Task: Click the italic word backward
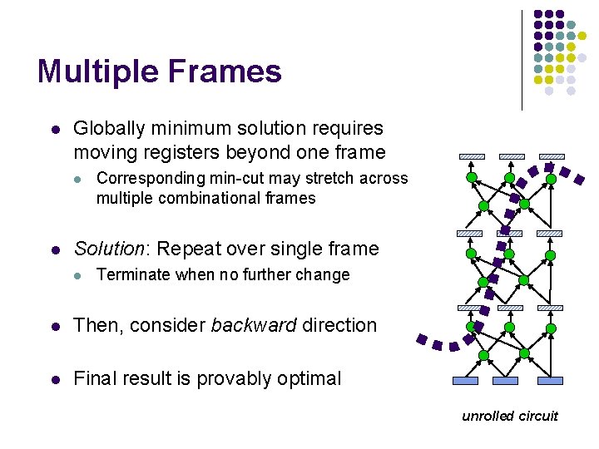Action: coord(250,325)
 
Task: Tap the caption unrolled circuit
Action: coord(510,416)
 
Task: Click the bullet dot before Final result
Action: coord(53,379)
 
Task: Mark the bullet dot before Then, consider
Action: coord(53,326)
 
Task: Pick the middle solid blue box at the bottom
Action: coord(506,381)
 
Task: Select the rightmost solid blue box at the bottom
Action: coord(549,381)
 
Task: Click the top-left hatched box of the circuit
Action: coord(471,156)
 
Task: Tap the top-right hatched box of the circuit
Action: coord(552,156)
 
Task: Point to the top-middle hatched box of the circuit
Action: coord(511,156)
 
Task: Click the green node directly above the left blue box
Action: coord(484,356)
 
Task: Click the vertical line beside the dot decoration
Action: coord(522,60)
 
